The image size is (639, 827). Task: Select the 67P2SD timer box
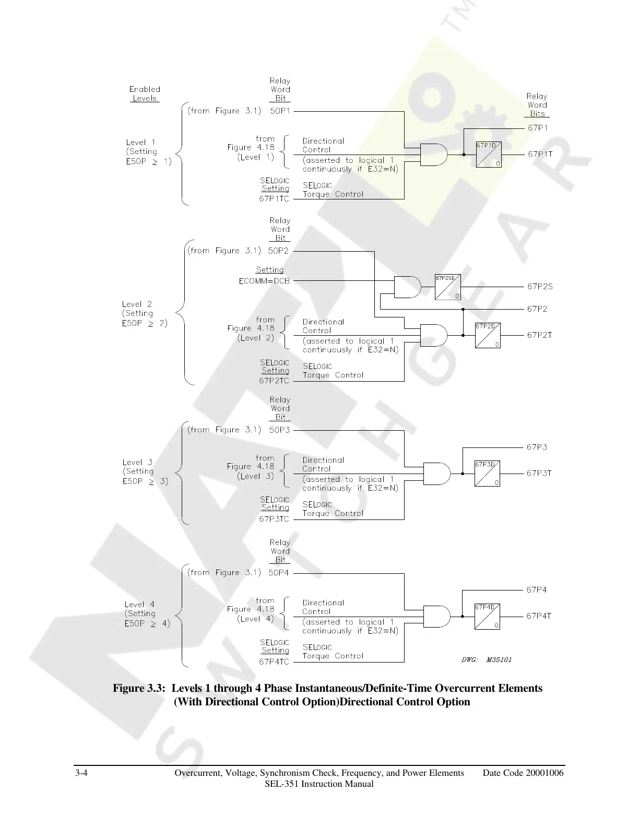[447, 287]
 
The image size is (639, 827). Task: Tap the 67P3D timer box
[487, 473]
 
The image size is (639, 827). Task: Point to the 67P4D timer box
[487, 616]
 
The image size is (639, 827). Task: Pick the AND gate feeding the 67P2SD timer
[408, 287]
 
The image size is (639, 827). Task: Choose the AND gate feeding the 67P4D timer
[436, 616]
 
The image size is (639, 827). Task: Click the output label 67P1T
[540, 154]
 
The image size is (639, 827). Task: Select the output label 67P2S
[540, 287]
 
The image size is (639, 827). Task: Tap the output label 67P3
[537, 447]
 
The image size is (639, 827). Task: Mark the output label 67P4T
[539, 616]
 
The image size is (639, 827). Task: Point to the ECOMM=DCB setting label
[264, 281]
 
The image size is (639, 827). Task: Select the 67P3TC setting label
[274, 519]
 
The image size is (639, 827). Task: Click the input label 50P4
[279, 573]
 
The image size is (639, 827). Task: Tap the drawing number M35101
[499, 660]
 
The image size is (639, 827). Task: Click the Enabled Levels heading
[145, 93]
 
